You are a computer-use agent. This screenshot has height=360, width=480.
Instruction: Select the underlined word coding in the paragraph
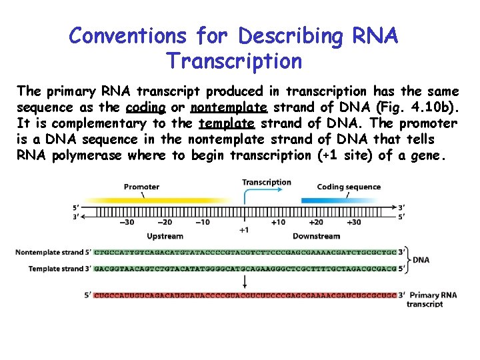click(145, 107)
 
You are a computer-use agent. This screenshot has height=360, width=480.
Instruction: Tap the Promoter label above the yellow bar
click(141, 187)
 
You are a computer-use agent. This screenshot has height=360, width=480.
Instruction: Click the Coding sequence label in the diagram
click(348, 187)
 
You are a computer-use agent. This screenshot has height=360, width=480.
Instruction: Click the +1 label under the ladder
click(244, 230)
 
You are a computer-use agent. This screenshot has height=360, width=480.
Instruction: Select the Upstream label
click(164, 236)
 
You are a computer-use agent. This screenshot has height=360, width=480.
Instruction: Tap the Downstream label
click(316, 236)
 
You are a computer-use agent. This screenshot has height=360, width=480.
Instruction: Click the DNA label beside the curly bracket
click(421, 260)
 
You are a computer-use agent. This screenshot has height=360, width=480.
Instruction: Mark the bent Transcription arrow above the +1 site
click(253, 193)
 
